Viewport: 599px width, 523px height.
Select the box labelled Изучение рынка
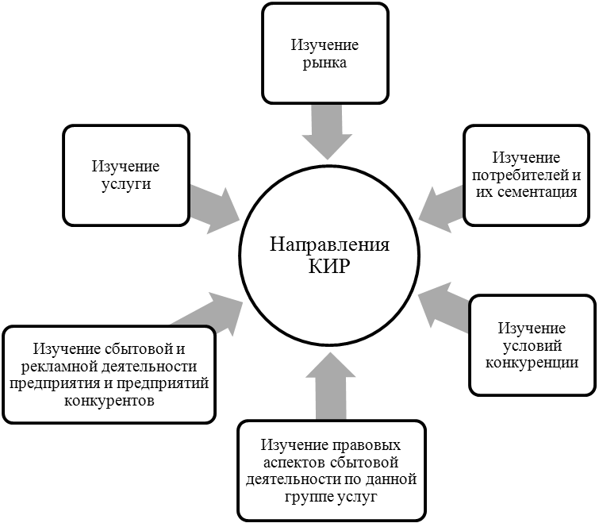(x=324, y=55)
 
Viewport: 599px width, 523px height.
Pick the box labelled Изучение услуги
(x=126, y=175)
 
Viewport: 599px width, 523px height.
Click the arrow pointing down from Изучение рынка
(x=324, y=131)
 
